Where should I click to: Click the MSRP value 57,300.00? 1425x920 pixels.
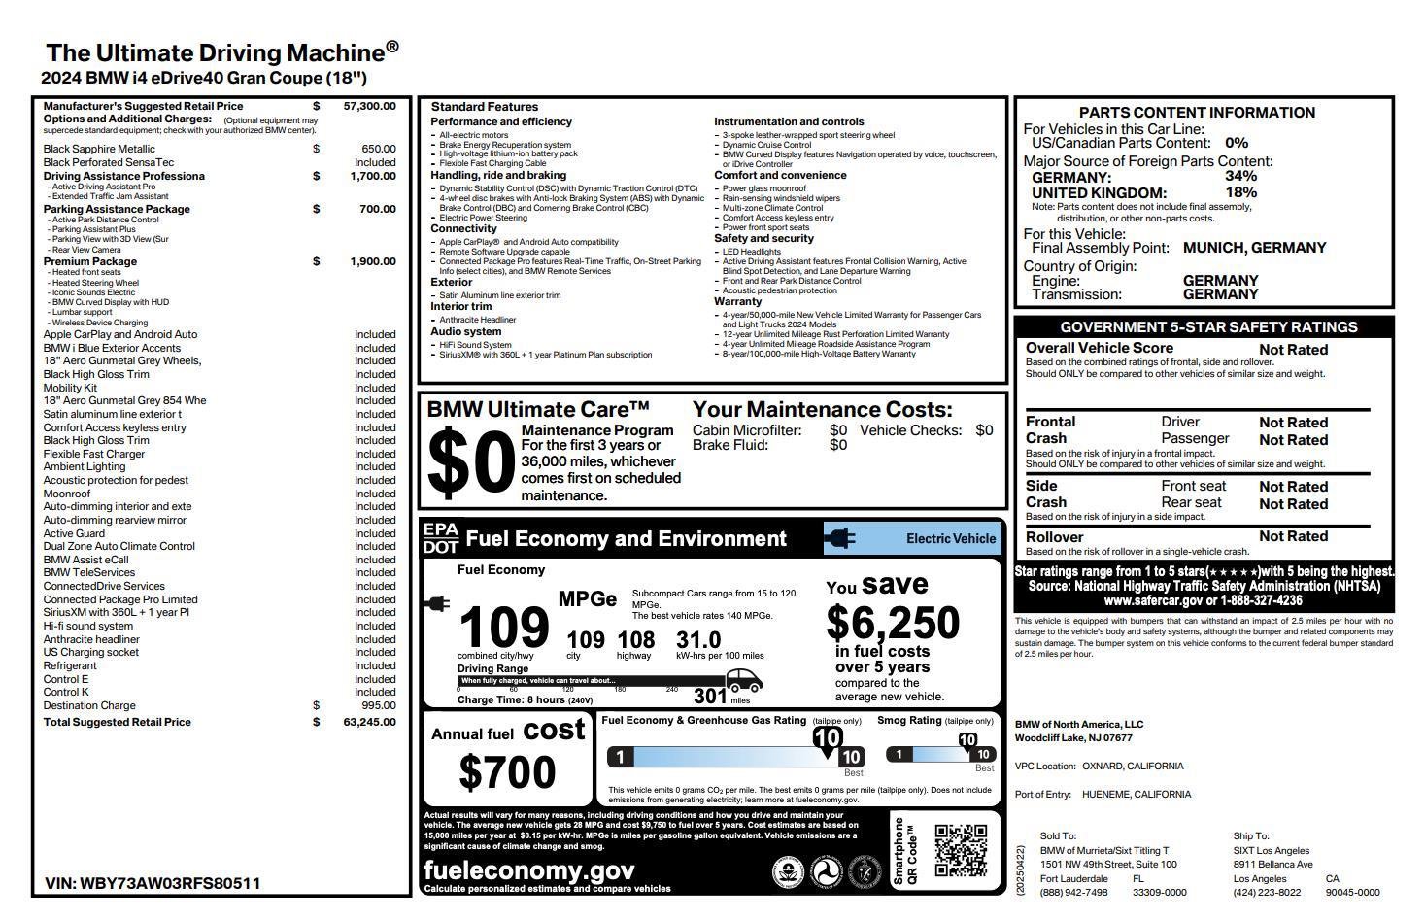click(369, 106)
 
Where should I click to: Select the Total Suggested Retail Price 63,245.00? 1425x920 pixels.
click(369, 722)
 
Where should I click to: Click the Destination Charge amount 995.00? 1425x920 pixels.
click(378, 705)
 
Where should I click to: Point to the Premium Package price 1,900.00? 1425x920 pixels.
click(373, 261)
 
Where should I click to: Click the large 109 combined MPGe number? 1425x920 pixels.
click(503, 628)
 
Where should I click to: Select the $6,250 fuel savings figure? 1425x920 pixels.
click(893, 623)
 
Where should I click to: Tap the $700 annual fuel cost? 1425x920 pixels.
click(507, 772)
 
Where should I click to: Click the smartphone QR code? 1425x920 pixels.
click(961, 851)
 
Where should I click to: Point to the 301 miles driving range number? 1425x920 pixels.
click(710, 696)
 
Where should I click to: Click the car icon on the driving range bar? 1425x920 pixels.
click(743, 680)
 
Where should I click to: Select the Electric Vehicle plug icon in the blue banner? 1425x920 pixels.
click(839, 538)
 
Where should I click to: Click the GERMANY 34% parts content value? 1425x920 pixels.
click(1240, 176)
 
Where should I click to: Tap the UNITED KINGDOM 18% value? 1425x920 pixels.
click(1240, 192)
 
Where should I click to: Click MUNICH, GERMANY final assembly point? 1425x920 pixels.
click(1254, 248)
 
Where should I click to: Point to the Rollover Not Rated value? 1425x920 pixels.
click(1293, 536)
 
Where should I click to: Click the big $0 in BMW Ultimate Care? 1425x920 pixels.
click(470, 463)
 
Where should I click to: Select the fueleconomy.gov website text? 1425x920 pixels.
click(529, 870)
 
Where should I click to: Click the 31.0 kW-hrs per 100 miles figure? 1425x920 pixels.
click(698, 639)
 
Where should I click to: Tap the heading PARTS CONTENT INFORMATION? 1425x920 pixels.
click(1197, 113)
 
